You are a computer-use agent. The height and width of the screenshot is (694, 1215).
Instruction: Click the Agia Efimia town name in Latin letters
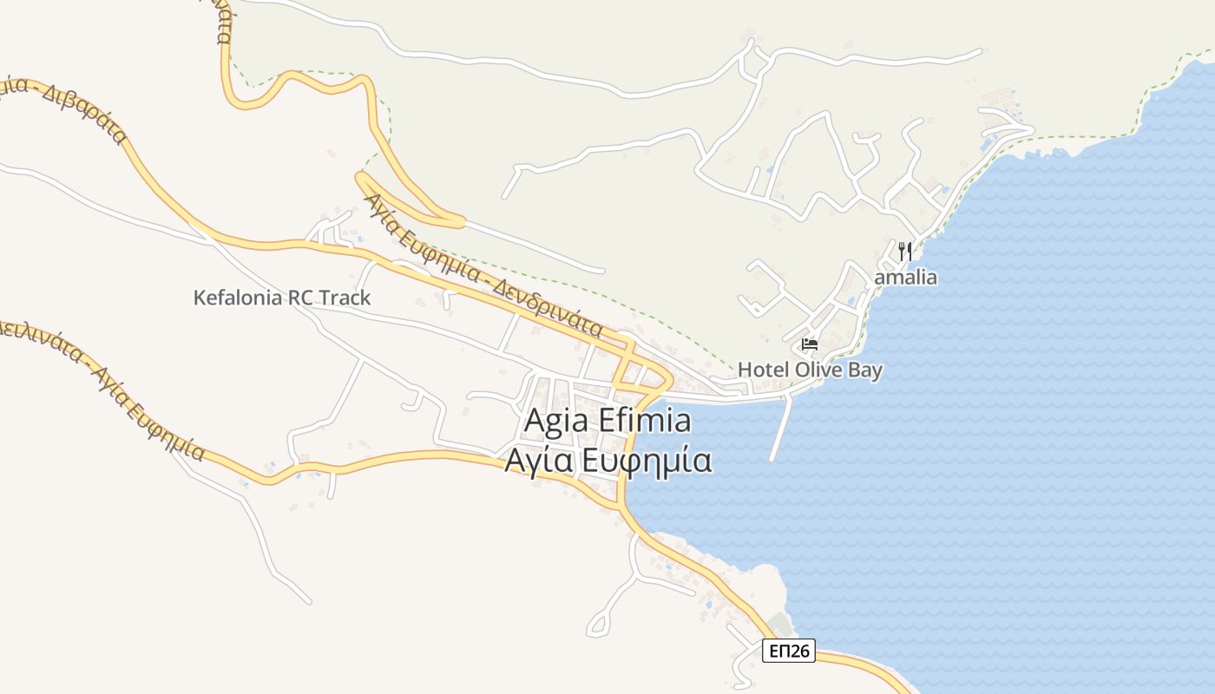(x=607, y=422)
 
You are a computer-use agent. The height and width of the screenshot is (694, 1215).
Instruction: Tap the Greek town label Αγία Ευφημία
(x=607, y=460)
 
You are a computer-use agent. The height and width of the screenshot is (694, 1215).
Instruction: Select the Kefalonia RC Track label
(x=281, y=298)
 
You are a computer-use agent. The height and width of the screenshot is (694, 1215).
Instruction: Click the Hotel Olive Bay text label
(x=810, y=370)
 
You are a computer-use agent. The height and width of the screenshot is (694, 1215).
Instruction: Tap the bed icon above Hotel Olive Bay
(x=810, y=344)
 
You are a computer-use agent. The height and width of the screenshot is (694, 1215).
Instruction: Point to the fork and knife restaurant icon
(x=905, y=252)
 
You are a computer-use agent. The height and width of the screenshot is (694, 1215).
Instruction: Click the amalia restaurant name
(x=905, y=278)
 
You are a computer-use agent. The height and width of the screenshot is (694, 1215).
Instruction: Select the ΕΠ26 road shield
(x=789, y=651)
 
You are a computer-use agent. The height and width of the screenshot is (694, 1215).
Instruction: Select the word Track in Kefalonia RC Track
(x=345, y=298)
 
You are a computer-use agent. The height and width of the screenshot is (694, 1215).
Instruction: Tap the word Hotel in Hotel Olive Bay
(x=761, y=370)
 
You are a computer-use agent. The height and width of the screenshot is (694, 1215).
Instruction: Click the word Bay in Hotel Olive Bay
(x=864, y=370)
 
